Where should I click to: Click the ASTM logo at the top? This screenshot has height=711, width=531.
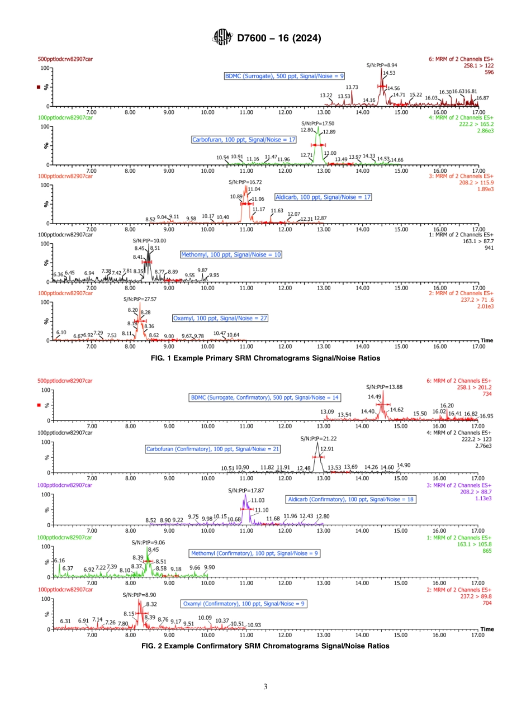222,38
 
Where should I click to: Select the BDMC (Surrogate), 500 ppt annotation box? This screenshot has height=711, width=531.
284,75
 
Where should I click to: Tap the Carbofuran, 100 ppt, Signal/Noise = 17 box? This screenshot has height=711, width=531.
244,139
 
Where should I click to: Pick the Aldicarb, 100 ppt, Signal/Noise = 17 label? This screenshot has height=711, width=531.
323,197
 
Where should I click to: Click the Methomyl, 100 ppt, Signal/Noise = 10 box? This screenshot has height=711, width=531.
231,254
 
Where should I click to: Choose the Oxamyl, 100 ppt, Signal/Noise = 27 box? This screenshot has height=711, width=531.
220,317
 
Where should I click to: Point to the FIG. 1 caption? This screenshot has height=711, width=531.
265,357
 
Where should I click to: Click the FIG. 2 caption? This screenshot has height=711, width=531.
265,646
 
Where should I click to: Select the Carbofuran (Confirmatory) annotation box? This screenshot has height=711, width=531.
212,449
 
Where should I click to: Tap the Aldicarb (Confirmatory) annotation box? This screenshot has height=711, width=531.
351,499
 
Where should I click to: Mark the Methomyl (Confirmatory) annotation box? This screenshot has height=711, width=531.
254,553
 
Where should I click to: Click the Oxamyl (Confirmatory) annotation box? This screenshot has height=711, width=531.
244,604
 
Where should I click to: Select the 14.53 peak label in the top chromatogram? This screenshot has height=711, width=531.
388,72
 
